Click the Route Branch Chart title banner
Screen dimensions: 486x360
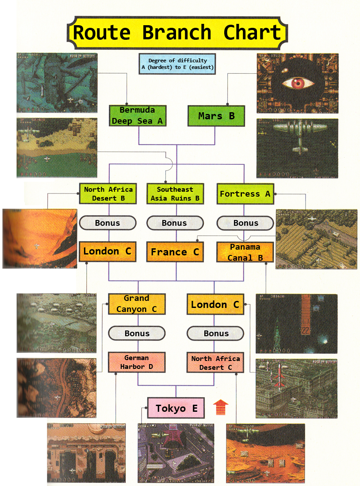click(177, 33)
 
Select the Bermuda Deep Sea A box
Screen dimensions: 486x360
click(138, 115)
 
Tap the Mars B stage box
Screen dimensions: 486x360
click(216, 116)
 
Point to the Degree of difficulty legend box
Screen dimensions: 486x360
click(177, 64)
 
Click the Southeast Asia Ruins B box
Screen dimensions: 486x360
click(175, 194)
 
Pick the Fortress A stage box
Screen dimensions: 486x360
click(245, 194)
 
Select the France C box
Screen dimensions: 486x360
click(175, 252)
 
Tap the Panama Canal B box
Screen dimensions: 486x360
click(245, 252)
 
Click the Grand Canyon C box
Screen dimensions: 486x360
click(137, 304)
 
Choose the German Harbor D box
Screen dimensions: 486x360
click(137, 362)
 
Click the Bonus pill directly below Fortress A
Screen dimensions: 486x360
click(245, 223)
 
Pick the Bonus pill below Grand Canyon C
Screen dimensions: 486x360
click(137, 333)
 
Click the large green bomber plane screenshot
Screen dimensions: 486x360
click(297, 148)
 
